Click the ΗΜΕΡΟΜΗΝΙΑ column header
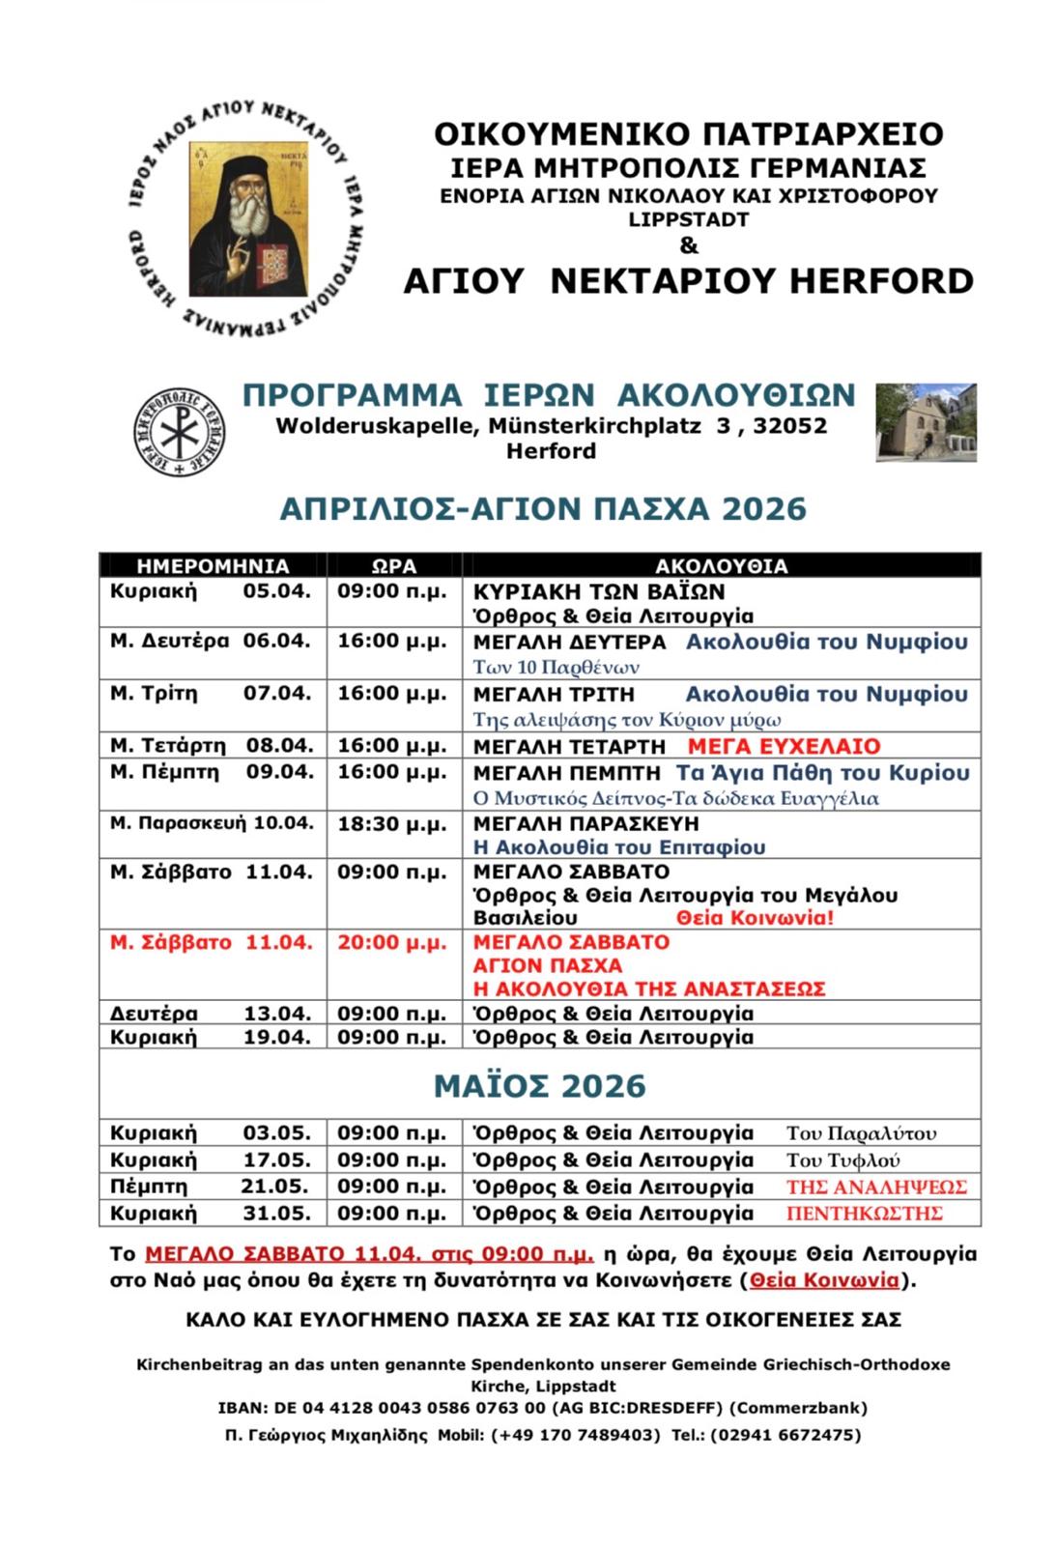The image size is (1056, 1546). pyautogui.click(x=213, y=566)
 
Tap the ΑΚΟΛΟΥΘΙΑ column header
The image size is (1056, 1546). pyautogui.click(x=722, y=566)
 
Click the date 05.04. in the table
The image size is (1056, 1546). pyautogui.click(x=276, y=590)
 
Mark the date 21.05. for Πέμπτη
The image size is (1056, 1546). pyautogui.click(x=275, y=1187)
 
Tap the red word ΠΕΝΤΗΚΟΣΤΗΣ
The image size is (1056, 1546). pyautogui.click(x=865, y=1214)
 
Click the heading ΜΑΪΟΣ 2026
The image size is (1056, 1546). pyautogui.click(x=539, y=1086)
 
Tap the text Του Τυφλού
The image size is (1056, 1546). pyautogui.click(x=843, y=1160)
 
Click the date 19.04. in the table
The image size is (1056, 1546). pyautogui.click(x=276, y=1037)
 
